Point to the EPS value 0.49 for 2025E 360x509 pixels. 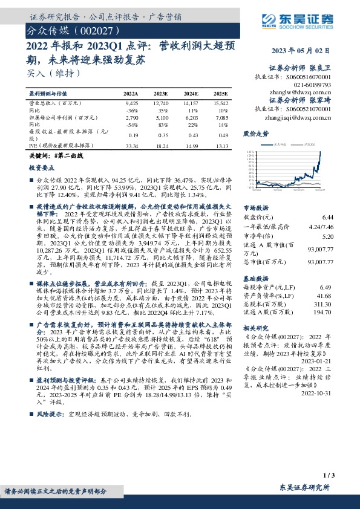click(x=222, y=136)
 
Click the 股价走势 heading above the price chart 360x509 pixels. click(x=255, y=132)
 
